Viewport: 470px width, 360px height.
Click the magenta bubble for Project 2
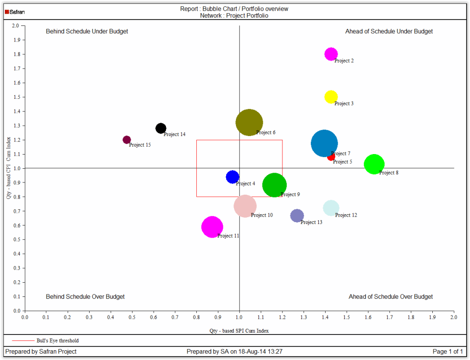point(331,54)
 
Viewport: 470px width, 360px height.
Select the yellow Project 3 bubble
point(331,97)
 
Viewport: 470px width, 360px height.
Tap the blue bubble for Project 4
point(233,177)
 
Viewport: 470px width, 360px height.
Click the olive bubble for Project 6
point(249,122)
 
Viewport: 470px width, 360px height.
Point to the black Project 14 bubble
point(161,129)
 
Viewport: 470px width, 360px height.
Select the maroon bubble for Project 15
point(127,140)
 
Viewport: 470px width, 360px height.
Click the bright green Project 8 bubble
point(375,164)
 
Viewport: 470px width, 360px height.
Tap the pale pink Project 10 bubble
point(245,206)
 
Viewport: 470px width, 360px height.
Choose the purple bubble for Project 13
point(297,216)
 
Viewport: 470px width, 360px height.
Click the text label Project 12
point(346,215)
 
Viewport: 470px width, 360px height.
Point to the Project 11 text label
point(228,236)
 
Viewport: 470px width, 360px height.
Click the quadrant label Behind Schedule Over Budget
point(85,297)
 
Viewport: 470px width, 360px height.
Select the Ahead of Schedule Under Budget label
point(389,31)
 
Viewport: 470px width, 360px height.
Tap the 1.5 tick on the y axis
point(16,97)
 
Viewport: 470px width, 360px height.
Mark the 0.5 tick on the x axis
point(132,317)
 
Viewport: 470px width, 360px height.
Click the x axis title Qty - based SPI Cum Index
point(239,331)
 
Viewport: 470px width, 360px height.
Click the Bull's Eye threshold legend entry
point(57,340)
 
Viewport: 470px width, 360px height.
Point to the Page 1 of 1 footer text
point(447,352)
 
